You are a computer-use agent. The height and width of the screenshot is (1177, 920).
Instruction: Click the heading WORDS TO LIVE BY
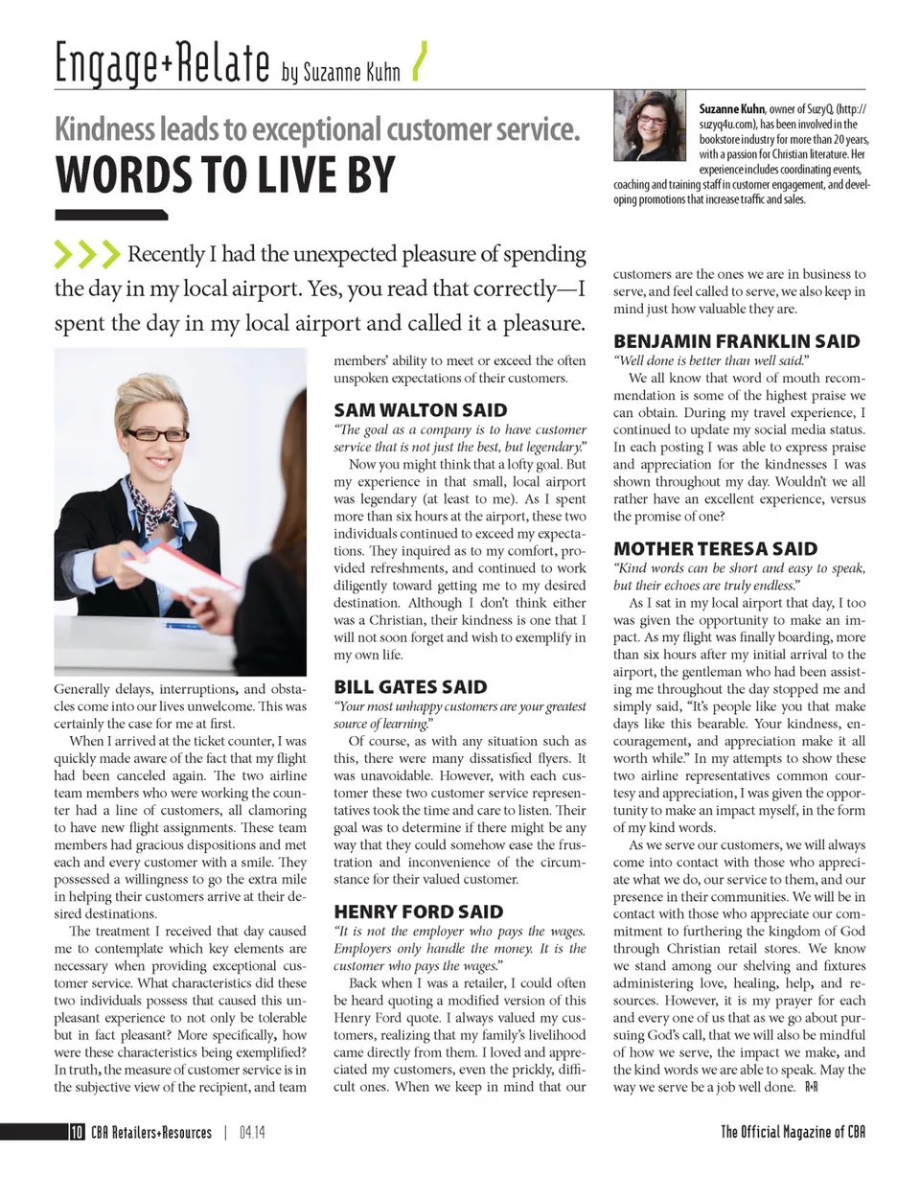(x=225, y=174)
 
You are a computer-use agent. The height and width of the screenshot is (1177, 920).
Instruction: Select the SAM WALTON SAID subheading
(x=420, y=410)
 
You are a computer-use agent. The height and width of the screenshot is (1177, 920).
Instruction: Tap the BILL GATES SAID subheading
(x=409, y=686)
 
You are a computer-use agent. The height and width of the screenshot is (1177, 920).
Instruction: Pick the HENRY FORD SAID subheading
(x=417, y=911)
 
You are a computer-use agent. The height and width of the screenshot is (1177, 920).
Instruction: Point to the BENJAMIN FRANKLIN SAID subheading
(x=736, y=341)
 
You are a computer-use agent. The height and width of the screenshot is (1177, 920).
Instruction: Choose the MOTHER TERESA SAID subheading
(x=715, y=548)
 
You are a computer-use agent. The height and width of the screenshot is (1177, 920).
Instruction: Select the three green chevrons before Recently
(x=86, y=254)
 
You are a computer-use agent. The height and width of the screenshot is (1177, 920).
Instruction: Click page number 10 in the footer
(x=76, y=1133)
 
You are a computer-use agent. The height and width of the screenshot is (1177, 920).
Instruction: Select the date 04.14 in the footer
(x=253, y=1133)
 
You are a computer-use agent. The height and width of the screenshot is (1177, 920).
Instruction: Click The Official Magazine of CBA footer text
(x=793, y=1133)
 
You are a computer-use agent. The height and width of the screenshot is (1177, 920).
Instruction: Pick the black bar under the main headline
(x=111, y=215)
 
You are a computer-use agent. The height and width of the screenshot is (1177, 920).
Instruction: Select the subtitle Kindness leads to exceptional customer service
(x=317, y=128)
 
